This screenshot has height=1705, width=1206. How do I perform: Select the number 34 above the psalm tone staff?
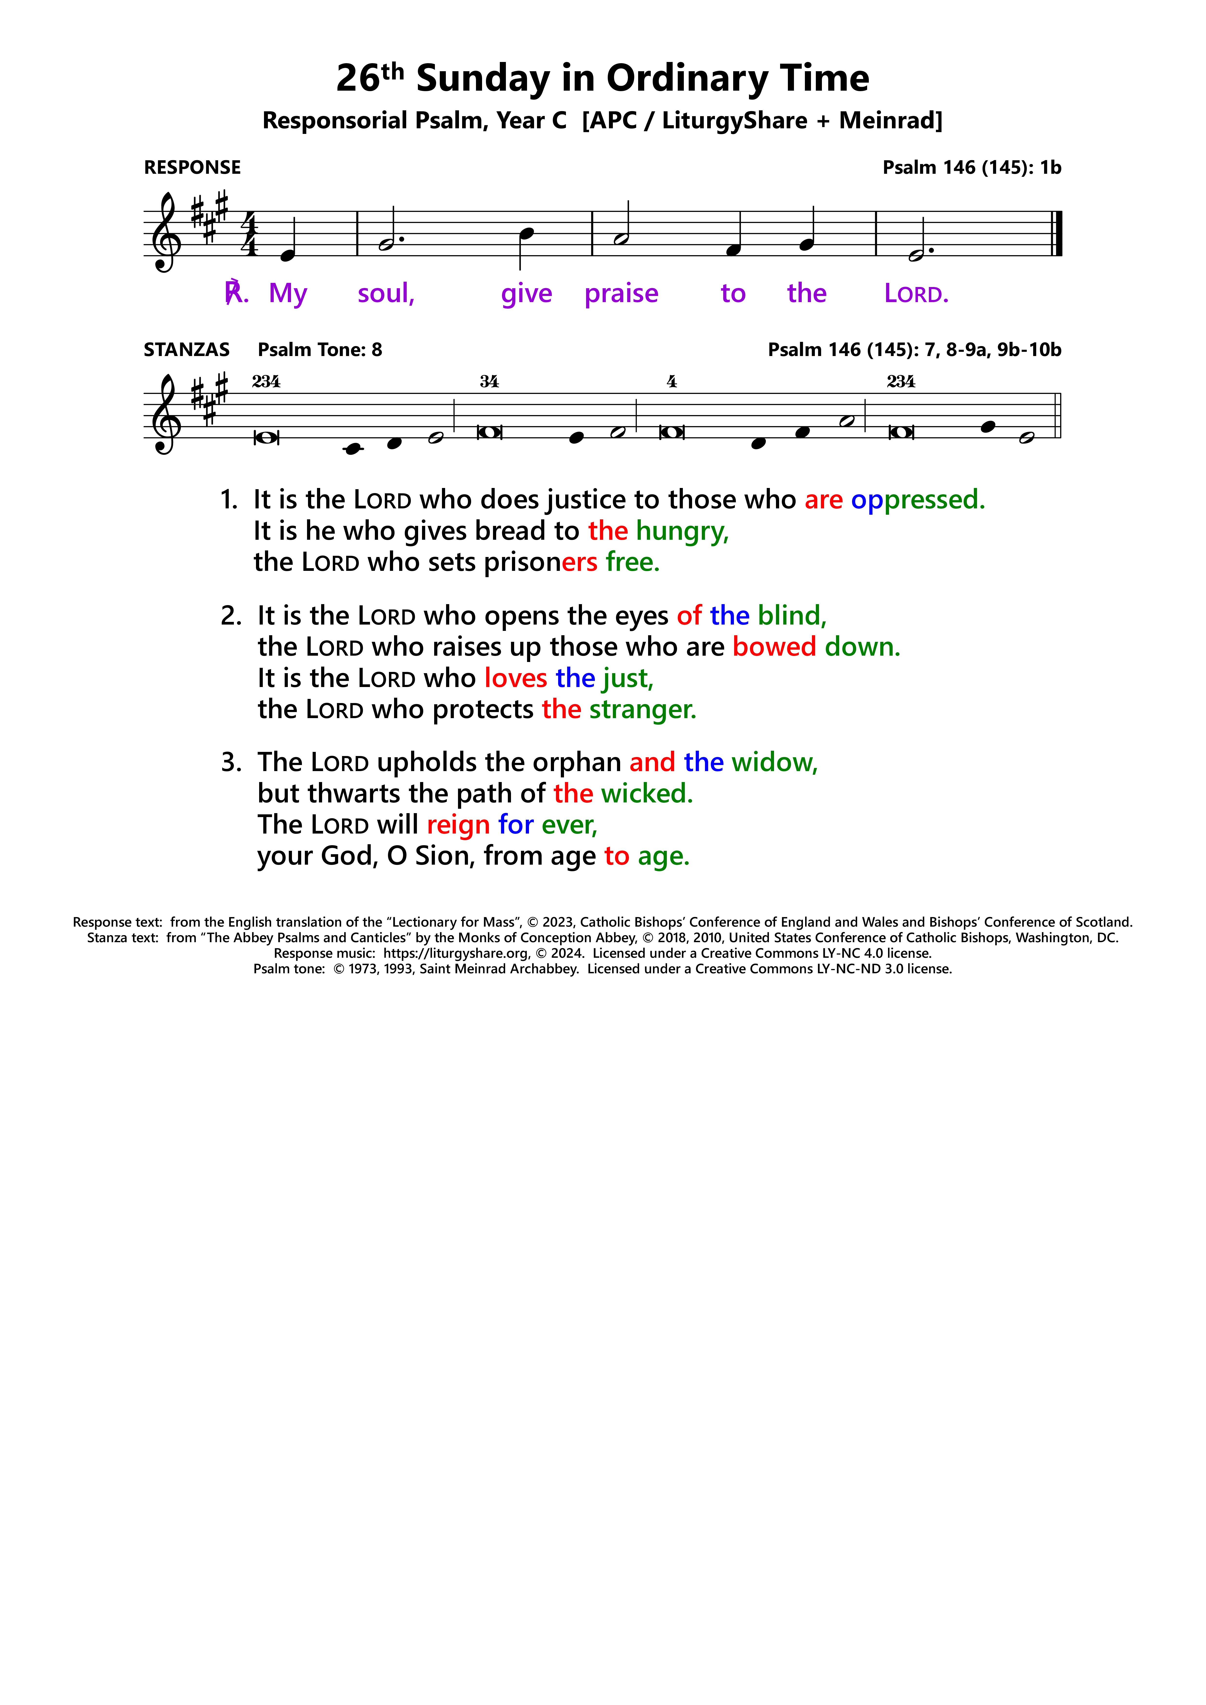coord(489,382)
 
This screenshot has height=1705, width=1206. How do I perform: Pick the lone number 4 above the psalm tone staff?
coord(672,382)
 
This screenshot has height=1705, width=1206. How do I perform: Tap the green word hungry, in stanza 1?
coord(682,532)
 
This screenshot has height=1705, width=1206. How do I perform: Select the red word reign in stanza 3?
coord(458,825)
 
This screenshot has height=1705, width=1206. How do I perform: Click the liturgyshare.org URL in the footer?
coord(456,953)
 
